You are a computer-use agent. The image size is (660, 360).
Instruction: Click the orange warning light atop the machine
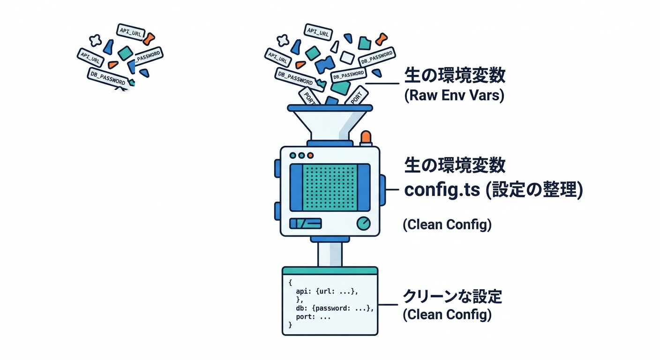point(365,137)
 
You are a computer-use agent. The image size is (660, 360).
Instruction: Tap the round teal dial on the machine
point(363,224)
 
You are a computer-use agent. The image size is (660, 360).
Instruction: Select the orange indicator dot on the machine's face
point(310,155)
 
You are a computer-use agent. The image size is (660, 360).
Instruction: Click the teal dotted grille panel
point(330,187)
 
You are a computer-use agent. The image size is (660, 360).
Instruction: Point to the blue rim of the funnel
point(330,108)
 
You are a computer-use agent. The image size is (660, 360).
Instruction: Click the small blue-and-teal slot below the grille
point(305,224)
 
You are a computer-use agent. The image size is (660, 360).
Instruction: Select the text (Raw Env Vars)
point(453,96)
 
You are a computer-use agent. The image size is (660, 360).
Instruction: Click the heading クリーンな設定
point(452,296)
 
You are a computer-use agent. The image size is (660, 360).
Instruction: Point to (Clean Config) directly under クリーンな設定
point(447,315)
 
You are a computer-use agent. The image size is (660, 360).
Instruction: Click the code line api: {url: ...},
point(327,291)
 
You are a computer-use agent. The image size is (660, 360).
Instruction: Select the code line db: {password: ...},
point(335,308)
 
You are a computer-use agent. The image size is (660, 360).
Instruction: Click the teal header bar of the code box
point(330,270)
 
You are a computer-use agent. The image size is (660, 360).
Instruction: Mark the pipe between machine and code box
point(330,254)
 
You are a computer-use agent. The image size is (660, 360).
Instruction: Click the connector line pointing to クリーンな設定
point(388,304)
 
